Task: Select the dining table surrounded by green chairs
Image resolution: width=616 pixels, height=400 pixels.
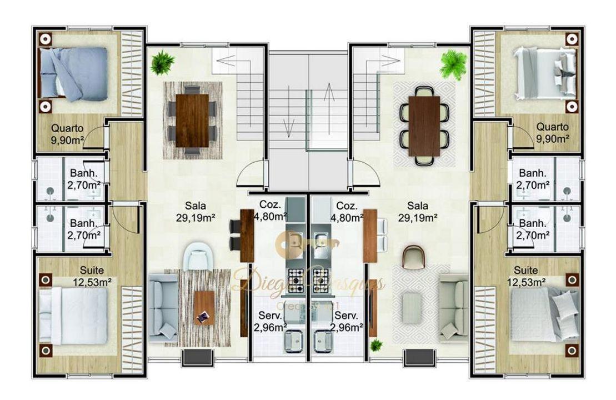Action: coord(424,126)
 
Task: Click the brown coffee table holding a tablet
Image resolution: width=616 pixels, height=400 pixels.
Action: coord(204,308)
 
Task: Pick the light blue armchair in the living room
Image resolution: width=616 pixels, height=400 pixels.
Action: coord(197,257)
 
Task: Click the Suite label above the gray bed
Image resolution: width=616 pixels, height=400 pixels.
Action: coord(525,271)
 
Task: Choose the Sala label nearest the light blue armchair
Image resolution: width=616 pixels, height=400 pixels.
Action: coord(187,206)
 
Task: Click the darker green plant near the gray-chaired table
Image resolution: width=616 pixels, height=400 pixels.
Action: coord(162,62)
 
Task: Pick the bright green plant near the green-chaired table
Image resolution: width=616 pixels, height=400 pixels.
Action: coord(453,65)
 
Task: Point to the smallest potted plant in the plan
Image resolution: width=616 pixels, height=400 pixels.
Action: coord(377,344)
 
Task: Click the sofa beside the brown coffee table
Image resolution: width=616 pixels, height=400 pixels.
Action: coord(162,309)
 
